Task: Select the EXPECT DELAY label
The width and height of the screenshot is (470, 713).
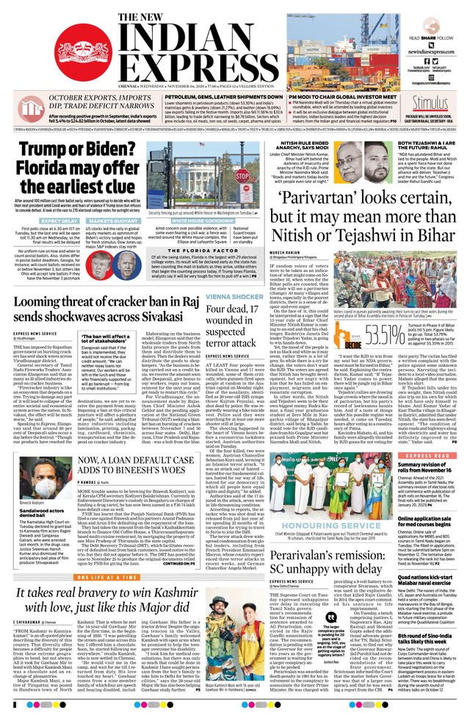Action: click(x=59, y=221)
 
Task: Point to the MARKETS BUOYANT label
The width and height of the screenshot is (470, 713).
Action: click(x=115, y=221)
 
